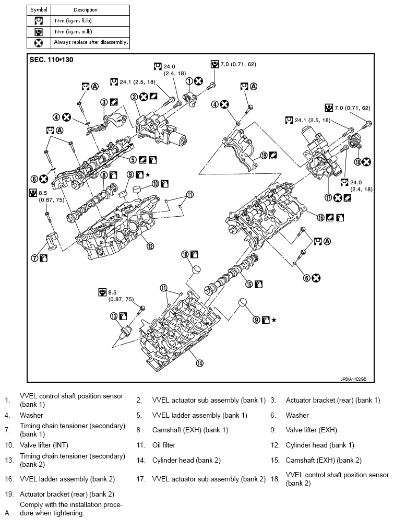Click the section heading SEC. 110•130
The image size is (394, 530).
(51, 60)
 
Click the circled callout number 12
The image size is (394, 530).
(150, 246)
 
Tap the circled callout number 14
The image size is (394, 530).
(200, 363)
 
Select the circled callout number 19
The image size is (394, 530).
(264, 156)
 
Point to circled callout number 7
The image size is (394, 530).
(35, 258)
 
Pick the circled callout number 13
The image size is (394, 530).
(114, 316)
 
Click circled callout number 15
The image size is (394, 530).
(249, 284)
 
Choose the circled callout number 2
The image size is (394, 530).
(134, 97)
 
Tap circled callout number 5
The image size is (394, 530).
(133, 160)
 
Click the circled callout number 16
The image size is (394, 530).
(320, 218)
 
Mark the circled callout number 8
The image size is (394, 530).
(104, 175)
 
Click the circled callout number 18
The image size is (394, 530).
(358, 162)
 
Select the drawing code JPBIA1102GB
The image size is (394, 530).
(353, 379)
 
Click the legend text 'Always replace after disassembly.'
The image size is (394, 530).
(91, 42)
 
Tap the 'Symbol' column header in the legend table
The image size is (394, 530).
(39, 10)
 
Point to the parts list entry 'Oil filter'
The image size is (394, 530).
(164, 445)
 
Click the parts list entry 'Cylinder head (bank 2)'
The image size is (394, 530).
(186, 461)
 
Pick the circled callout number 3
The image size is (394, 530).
(104, 102)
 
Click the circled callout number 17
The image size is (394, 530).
(328, 198)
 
